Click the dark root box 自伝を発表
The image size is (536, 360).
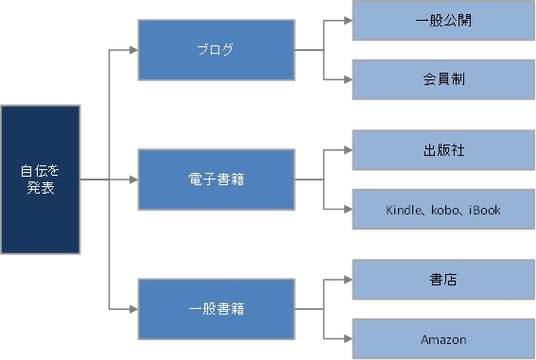(39, 180)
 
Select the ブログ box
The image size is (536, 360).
(216, 50)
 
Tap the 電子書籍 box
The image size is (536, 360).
(216, 180)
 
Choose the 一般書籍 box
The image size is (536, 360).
(216, 308)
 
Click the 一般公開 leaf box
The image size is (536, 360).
(442, 20)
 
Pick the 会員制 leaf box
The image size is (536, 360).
(442, 79)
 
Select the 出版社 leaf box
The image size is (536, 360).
(442, 149)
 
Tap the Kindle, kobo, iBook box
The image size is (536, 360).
(442, 209)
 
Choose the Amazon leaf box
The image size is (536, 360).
(442, 338)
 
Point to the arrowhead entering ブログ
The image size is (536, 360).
(133, 50)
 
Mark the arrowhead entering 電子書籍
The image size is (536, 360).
(133, 180)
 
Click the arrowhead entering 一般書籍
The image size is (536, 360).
(133, 308)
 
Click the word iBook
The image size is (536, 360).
(483, 209)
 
